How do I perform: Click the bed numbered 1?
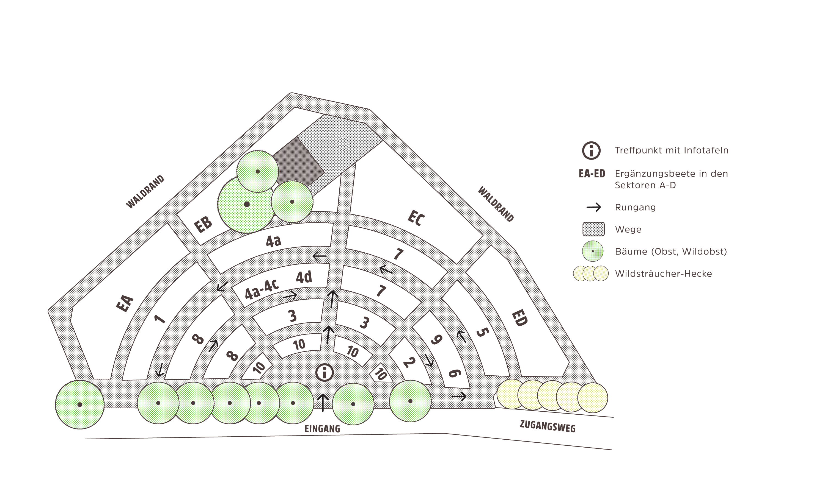(x=160, y=319)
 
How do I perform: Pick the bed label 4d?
(x=304, y=277)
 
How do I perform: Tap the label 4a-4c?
(x=262, y=289)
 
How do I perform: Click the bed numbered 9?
(x=436, y=340)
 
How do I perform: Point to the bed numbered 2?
(x=409, y=362)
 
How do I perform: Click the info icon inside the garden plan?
(x=325, y=372)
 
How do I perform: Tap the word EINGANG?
(x=323, y=429)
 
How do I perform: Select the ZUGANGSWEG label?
(x=547, y=426)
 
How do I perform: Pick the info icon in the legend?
(x=591, y=151)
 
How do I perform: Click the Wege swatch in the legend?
(x=593, y=229)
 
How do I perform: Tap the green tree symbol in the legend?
(x=593, y=251)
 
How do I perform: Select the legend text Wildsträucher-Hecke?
(x=663, y=274)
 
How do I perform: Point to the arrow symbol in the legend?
(x=593, y=207)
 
